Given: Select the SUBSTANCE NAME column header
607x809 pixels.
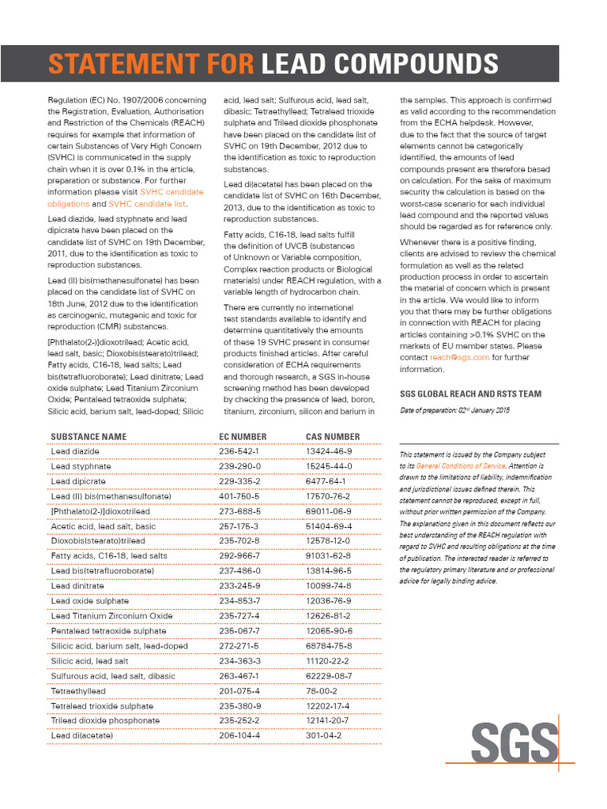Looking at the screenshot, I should [88, 436].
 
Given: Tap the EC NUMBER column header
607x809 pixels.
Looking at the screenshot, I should [243, 436].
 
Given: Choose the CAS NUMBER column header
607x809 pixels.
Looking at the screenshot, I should [333, 436].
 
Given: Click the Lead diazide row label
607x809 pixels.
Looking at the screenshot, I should [75, 451].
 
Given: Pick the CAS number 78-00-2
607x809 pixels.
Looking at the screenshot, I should [322, 690].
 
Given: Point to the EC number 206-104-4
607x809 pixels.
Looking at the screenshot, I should [239, 736].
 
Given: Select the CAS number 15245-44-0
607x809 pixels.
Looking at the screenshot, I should [329, 466].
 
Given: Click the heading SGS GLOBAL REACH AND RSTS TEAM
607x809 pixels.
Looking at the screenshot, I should [470, 393].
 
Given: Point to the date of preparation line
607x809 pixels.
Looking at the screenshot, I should [454, 411].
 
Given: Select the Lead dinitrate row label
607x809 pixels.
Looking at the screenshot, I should [77, 585].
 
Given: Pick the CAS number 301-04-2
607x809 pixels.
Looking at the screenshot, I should [323, 736].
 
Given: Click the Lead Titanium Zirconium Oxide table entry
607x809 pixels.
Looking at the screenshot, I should [111, 615].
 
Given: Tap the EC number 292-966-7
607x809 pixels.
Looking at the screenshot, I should [239, 555].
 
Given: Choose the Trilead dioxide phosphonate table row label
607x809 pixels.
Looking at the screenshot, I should [105, 721].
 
